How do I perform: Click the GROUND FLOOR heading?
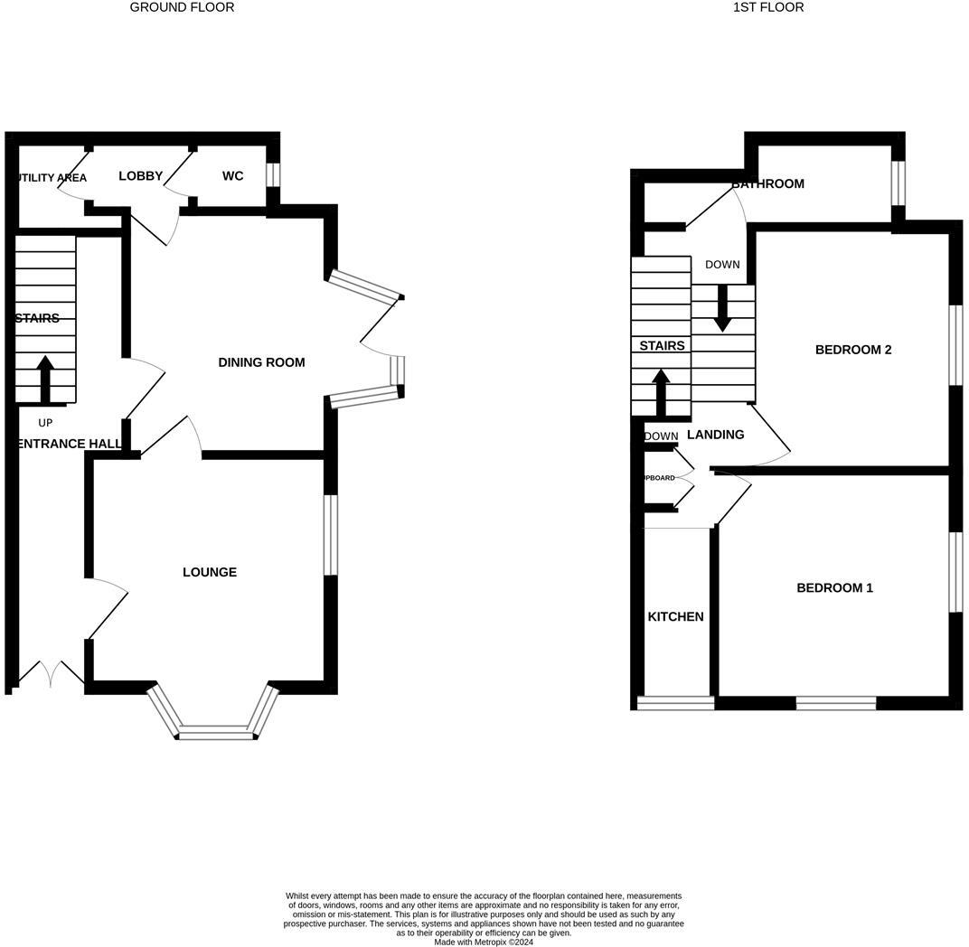(x=182, y=7)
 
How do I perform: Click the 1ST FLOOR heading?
(x=767, y=7)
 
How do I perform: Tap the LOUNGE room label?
(x=210, y=572)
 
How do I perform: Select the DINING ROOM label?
(x=261, y=362)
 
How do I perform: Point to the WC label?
(x=232, y=176)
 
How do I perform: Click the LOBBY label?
(x=140, y=176)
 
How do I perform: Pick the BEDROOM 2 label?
(x=853, y=350)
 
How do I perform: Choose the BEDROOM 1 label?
(x=834, y=588)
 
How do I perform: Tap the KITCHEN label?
(x=675, y=617)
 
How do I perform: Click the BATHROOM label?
(x=767, y=184)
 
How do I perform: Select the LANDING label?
(x=715, y=435)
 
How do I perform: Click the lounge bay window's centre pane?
(x=215, y=733)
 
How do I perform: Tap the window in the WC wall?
(x=273, y=173)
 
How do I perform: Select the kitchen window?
(x=675, y=702)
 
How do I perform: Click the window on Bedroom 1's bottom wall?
(x=835, y=702)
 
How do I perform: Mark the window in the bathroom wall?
(x=898, y=183)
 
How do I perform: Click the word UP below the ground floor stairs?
(x=45, y=423)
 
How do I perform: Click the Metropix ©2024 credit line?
(x=484, y=942)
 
